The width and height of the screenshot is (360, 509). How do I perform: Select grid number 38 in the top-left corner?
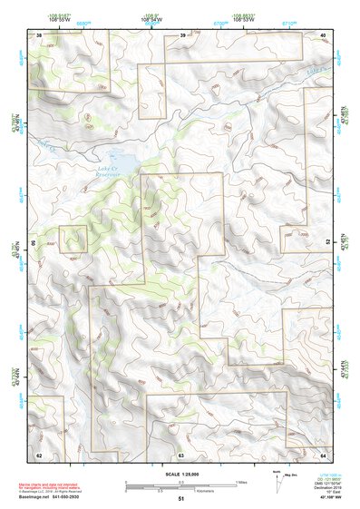point(39,35)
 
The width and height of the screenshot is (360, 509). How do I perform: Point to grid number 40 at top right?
point(322,35)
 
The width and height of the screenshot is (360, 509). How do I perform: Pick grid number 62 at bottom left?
point(39,454)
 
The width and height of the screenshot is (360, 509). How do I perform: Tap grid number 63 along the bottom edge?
point(181,454)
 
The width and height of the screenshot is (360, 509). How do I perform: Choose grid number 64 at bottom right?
point(322,454)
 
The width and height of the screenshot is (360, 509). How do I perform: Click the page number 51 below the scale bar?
point(181,499)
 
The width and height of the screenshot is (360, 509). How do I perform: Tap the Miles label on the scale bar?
point(242,481)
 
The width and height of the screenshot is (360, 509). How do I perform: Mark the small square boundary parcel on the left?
point(73,239)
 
